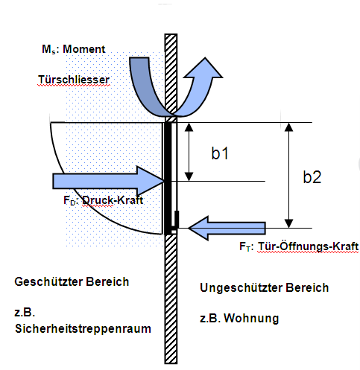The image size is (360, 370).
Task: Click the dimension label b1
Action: coord(220,153)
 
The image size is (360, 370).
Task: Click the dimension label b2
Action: coord(312,177)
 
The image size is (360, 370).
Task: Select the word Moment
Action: coord(84,49)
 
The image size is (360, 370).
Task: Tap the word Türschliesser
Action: coord(74,80)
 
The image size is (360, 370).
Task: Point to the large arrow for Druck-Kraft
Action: coord(108,181)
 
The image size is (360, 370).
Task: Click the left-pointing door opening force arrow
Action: coord(227,229)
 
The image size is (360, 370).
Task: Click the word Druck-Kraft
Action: coord(113,200)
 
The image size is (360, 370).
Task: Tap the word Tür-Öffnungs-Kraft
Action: coord(308,246)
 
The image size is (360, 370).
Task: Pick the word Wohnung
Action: coord(251,319)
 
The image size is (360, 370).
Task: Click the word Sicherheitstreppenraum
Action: coord(83,328)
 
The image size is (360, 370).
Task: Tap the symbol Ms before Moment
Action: coord(48,49)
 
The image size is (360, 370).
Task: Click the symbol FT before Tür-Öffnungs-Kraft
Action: coord(244,246)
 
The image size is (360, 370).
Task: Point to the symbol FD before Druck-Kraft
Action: coord(69,200)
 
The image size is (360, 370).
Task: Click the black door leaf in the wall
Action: coord(168,178)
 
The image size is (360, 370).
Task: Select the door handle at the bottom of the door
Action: coord(176,220)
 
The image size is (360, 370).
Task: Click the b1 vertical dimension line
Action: coord(189,152)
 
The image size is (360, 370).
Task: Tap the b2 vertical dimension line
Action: coord(288,175)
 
